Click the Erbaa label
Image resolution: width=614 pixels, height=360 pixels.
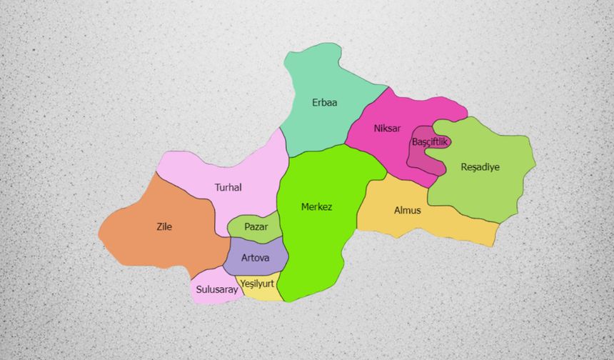click(x=325, y=103)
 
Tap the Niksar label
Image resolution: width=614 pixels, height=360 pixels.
click(x=387, y=129)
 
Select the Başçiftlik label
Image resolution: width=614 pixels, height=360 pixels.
click(x=429, y=142)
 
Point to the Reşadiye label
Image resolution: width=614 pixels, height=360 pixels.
click(x=480, y=167)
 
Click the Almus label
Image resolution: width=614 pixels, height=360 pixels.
click(x=408, y=211)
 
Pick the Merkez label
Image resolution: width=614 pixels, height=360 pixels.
click(x=316, y=207)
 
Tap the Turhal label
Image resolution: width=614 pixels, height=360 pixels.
click(x=228, y=188)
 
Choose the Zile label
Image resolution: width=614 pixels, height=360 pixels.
click(x=164, y=227)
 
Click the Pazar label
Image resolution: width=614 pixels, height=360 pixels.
click(x=256, y=226)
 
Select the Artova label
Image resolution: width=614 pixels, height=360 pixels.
click(x=255, y=257)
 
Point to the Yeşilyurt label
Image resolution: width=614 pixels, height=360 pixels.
click(x=257, y=284)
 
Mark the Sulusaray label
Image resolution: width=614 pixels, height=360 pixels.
click(x=216, y=290)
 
